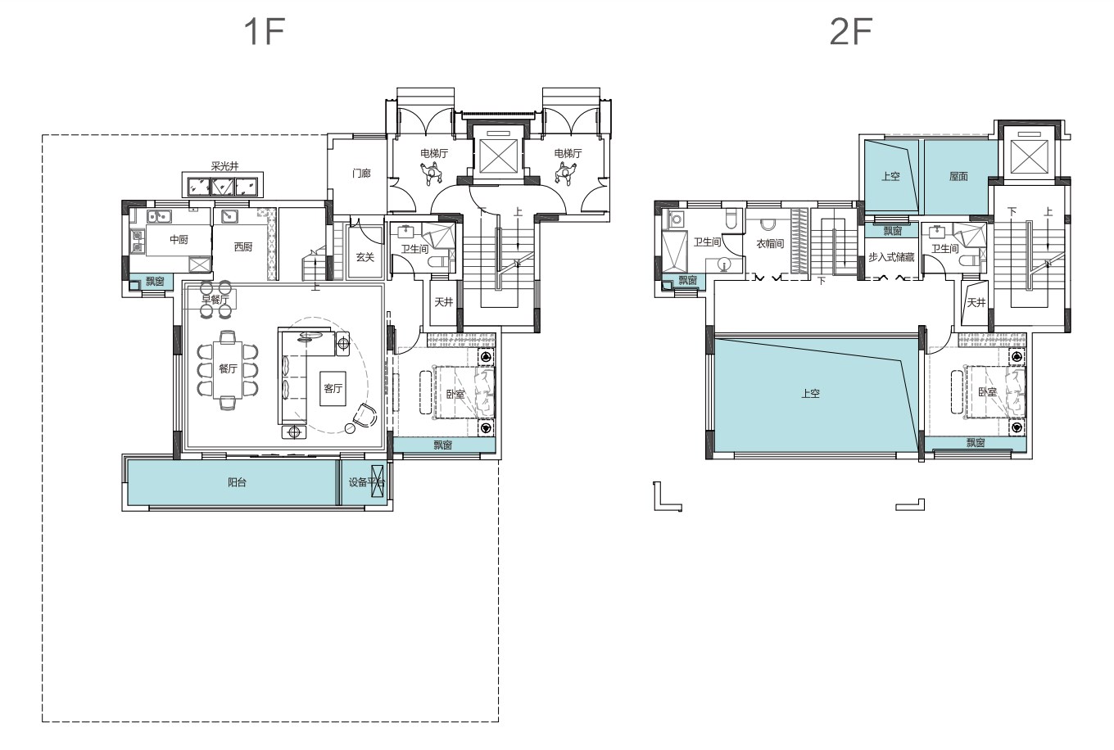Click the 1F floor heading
265,31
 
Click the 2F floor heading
851,31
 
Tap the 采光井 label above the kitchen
224,166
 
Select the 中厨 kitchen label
179,240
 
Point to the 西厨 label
243,246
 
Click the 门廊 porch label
361,173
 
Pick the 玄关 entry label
365,257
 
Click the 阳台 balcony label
238,482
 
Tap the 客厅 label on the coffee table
333,388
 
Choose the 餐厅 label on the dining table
228,368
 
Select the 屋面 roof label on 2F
958,176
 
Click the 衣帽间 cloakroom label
770,243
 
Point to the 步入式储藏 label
892,257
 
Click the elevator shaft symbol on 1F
499,156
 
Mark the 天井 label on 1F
444,301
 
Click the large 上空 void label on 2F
810,394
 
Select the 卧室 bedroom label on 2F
987,392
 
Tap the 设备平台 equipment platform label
366,482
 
